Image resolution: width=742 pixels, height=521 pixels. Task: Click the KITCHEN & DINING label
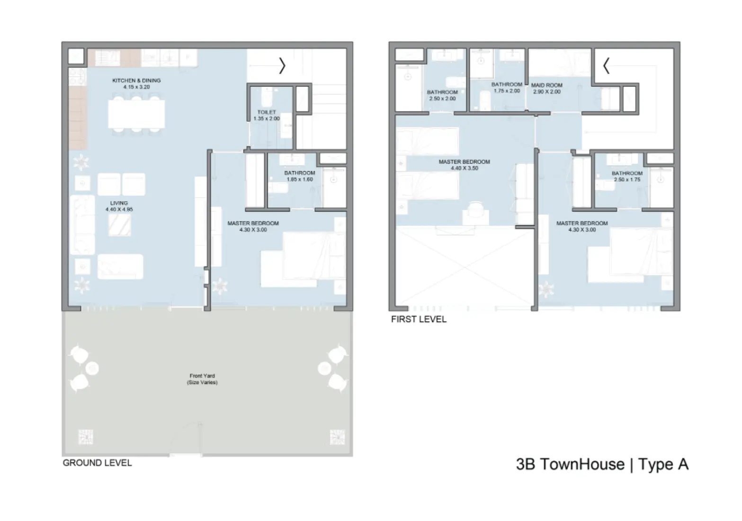(x=136, y=81)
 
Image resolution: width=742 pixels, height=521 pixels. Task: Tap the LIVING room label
(x=119, y=203)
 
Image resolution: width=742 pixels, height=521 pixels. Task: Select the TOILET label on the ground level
(x=267, y=112)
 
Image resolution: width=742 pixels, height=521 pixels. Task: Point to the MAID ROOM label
(x=547, y=85)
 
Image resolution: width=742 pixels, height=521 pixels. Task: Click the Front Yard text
(x=202, y=376)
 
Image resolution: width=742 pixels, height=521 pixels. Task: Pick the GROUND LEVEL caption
(x=97, y=463)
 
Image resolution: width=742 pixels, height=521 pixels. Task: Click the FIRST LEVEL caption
(x=419, y=319)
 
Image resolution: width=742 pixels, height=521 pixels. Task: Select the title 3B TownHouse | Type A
(x=602, y=464)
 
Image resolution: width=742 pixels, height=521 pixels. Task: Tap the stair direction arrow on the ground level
(x=282, y=66)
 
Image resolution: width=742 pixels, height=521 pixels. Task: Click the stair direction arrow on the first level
(x=606, y=66)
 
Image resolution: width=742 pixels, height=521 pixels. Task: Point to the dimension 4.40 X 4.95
(x=119, y=209)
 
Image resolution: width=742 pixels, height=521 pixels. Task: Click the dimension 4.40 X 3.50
(x=464, y=168)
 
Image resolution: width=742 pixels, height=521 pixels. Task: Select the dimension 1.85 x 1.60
(x=299, y=180)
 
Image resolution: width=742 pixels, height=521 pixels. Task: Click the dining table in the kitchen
(x=136, y=114)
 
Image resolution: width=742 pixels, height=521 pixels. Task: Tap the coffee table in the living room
(x=119, y=225)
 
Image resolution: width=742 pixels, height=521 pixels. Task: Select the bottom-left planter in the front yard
(x=85, y=437)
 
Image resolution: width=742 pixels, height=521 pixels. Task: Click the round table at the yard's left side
(x=93, y=368)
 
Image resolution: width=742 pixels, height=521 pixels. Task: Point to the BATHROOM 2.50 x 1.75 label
(x=627, y=173)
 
